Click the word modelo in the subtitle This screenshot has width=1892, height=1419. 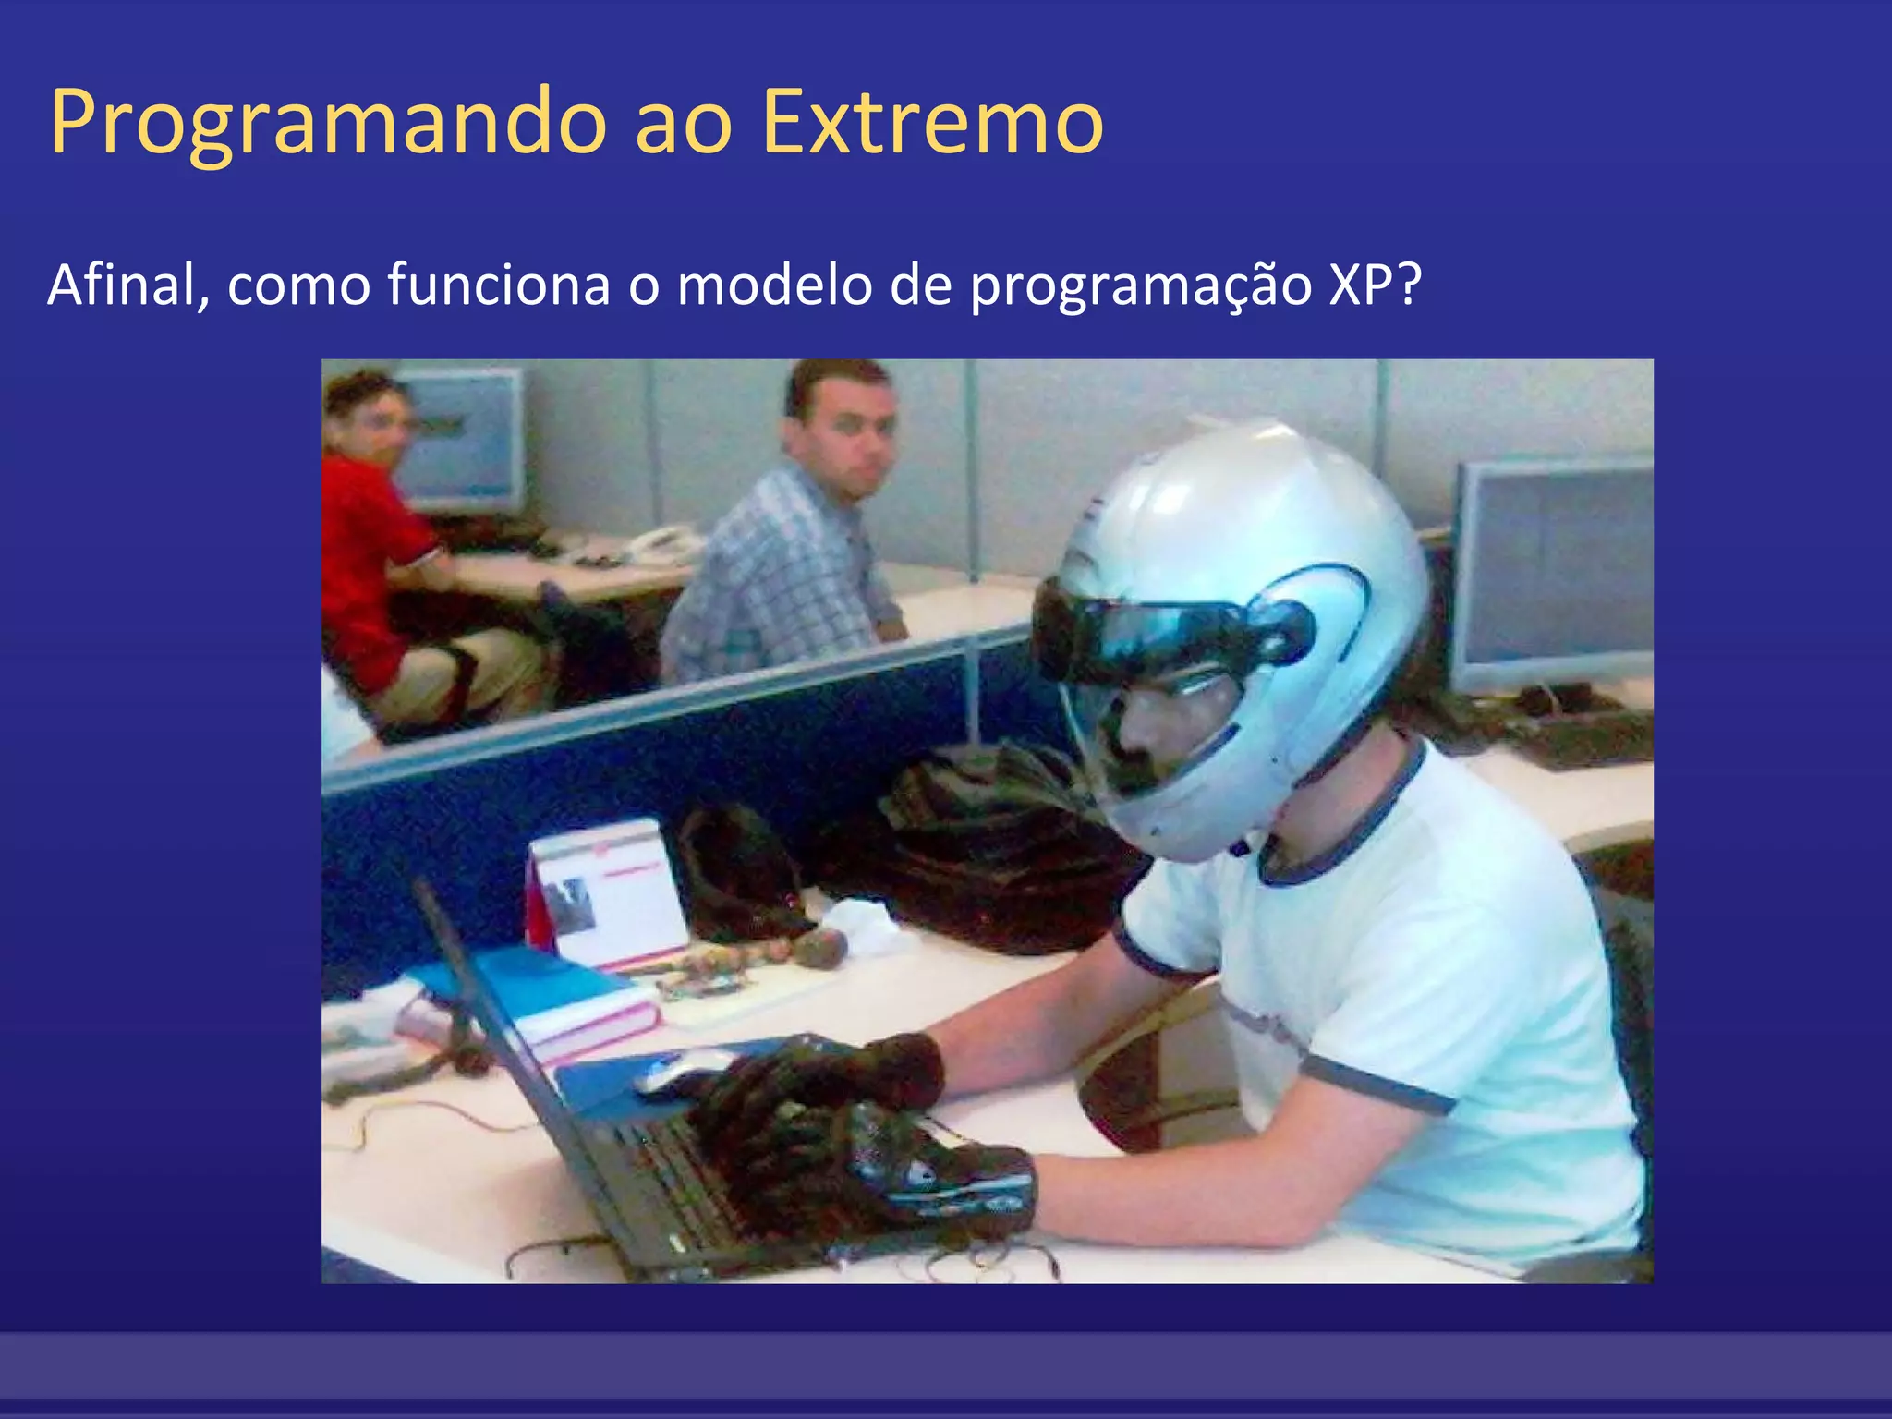(774, 285)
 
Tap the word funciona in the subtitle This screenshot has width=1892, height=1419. (499, 285)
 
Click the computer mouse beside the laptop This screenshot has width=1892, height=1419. (679, 1072)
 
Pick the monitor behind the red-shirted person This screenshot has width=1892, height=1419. (462, 439)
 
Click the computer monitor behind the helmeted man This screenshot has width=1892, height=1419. (1552, 573)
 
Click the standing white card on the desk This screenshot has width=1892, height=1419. (610, 891)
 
